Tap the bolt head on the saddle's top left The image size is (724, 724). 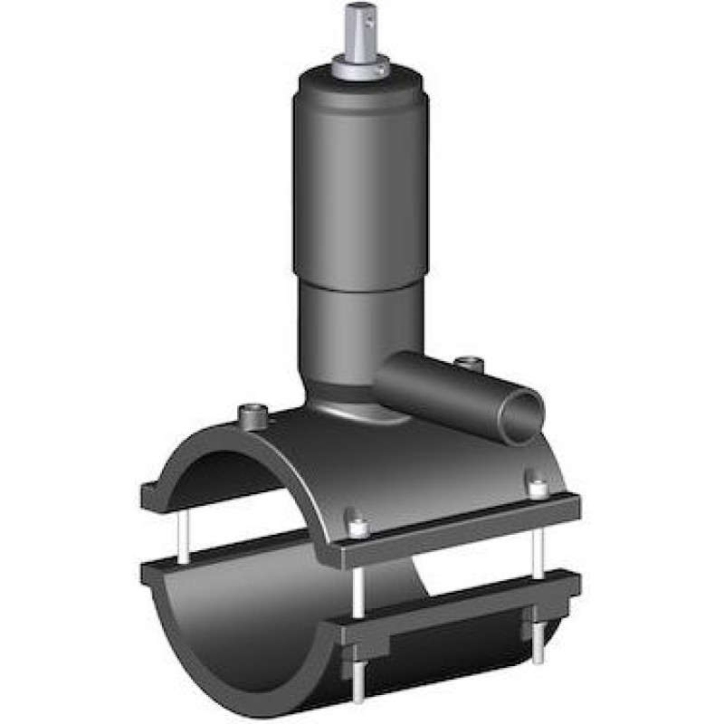point(251,414)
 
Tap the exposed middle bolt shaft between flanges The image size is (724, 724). point(358,579)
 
